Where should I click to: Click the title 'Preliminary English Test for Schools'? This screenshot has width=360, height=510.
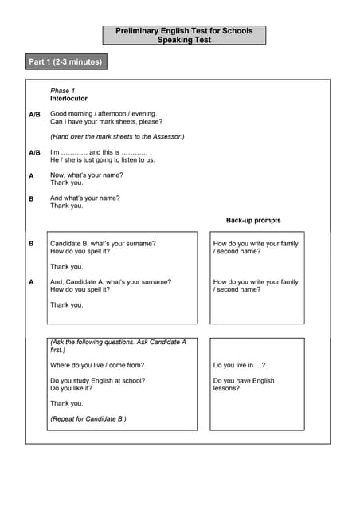point(184,30)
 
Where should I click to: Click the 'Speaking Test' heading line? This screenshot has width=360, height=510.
point(184,39)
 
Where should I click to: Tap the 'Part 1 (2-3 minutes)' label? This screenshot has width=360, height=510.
point(65,61)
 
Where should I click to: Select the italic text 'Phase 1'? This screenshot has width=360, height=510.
point(63,91)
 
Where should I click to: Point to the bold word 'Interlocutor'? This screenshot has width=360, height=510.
point(69,99)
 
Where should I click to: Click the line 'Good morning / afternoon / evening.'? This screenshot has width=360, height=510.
point(104,114)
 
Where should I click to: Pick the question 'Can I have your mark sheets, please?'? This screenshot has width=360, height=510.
point(107,122)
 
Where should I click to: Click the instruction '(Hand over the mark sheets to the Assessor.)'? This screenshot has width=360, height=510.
point(117,137)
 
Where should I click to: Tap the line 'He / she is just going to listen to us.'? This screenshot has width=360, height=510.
point(103,160)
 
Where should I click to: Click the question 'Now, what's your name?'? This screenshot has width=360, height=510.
point(87,175)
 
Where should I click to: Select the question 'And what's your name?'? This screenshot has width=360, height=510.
point(85,198)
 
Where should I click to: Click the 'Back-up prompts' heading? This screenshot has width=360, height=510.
point(253,220)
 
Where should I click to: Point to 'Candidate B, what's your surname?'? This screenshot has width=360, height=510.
point(103,243)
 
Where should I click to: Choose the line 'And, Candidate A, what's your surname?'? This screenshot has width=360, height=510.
point(111,281)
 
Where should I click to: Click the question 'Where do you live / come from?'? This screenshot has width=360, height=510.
point(99,365)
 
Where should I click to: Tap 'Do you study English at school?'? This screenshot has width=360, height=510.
point(97,380)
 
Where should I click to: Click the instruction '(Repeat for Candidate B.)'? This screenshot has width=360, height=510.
point(88,418)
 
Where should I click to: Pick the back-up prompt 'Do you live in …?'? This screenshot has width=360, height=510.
point(239,365)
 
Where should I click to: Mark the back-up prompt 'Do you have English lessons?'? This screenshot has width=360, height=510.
point(243,384)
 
